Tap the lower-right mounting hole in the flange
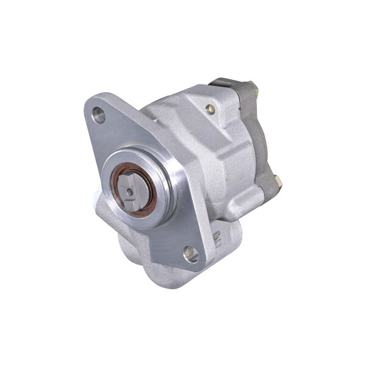(191, 254)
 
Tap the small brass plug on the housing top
(211, 109)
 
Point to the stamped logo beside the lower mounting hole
(214, 240)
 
